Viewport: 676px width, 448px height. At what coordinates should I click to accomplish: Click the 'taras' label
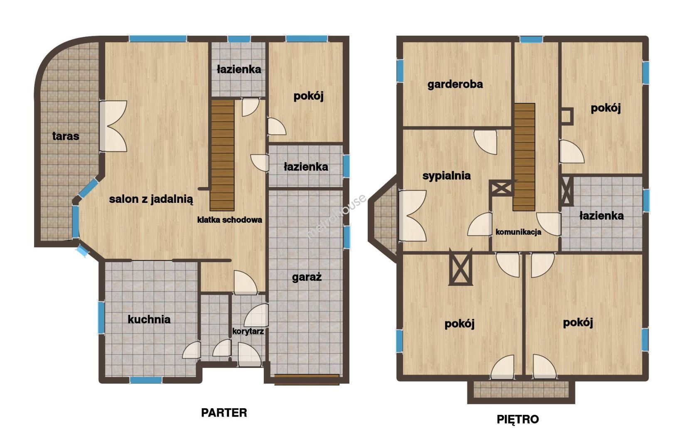coord(66,136)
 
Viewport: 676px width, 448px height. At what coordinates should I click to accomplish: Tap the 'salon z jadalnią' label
coord(151,199)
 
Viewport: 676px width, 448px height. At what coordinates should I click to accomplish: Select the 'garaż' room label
coord(307,277)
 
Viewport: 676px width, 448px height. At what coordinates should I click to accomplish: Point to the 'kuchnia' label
coord(149,319)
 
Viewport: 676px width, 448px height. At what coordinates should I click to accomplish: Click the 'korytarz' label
coord(248,331)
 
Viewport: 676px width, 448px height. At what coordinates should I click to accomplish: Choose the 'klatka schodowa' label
coord(229,220)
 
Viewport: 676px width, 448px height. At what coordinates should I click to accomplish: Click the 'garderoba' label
coord(455,84)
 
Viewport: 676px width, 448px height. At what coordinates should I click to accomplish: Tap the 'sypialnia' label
coord(446,176)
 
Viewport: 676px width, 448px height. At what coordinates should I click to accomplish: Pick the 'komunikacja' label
coord(518,232)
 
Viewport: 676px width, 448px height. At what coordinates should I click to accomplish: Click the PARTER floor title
coord(224,413)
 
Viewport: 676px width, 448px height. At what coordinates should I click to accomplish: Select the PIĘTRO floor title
coord(518,419)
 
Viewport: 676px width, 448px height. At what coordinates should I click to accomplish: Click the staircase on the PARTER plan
coord(222,155)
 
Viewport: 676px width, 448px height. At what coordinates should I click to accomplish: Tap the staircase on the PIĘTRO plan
coord(524,157)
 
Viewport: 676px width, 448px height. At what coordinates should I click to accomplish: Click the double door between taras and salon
coord(113,126)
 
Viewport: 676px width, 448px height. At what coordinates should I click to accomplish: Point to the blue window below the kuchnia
coord(146,380)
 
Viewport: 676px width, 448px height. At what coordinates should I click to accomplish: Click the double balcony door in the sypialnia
coord(412,215)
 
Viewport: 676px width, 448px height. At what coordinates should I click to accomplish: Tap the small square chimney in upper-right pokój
coord(567,116)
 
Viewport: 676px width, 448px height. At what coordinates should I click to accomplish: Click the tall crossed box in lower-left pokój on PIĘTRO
coord(460,267)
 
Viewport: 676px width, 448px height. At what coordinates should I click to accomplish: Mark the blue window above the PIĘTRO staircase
coord(531,39)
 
